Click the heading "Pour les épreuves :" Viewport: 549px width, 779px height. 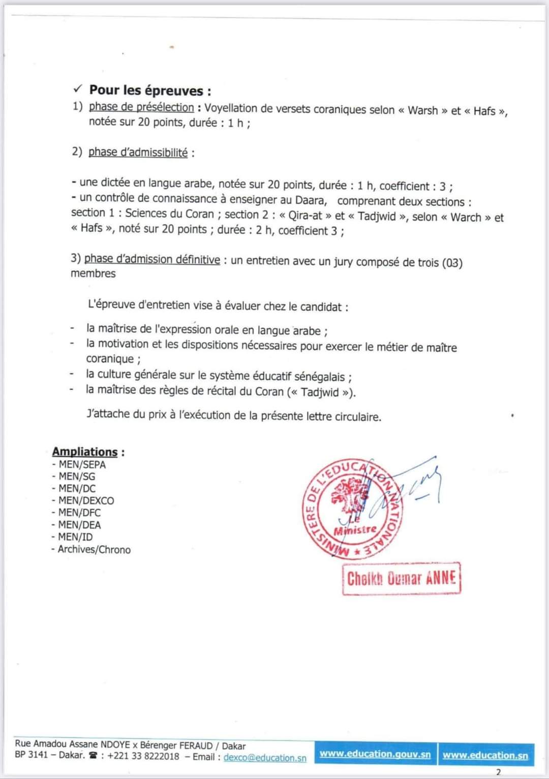(150, 91)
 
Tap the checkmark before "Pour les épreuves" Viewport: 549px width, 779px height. (77, 89)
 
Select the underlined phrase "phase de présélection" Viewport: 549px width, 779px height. (141, 107)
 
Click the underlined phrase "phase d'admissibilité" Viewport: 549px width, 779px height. (138, 152)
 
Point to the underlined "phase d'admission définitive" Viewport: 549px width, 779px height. (152, 259)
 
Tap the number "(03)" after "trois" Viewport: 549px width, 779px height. (452, 263)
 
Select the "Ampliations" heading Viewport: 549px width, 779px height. (85, 452)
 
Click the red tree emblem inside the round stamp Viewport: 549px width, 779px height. (350, 496)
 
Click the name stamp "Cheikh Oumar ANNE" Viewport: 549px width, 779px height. (401, 578)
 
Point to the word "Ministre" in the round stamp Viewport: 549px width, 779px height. (355, 530)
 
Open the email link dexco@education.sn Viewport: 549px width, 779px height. (265, 758)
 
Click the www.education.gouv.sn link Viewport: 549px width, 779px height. (375, 754)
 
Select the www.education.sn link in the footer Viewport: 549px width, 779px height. (485, 755)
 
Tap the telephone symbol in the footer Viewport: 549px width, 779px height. (93, 756)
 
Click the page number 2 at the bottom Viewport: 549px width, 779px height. (498, 772)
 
